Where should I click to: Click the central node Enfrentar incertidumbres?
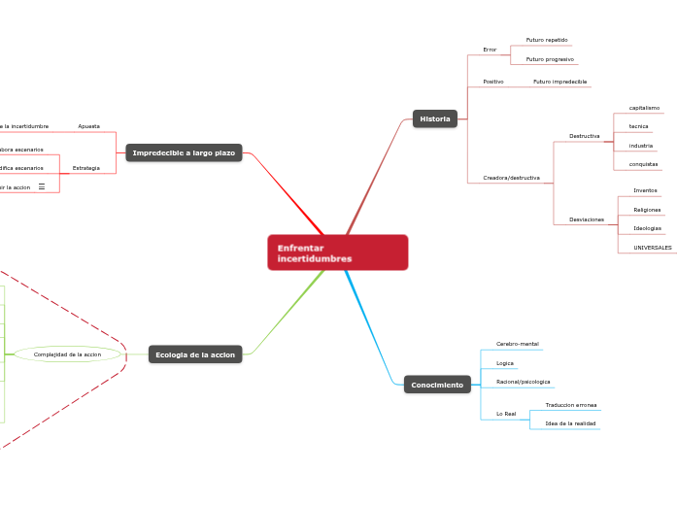pos(337,252)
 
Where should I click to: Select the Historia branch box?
pos(434,118)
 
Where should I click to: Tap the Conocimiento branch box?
pos(437,386)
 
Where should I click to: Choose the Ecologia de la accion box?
pos(195,354)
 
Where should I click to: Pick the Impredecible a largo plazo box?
pos(184,152)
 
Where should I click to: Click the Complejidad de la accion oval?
pos(67,354)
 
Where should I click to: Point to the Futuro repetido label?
pos(547,40)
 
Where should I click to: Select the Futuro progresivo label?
pos(550,58)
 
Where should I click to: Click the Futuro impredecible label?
pos(560,82)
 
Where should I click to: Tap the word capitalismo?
pos(644,108)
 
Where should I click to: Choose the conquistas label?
pos(643,164)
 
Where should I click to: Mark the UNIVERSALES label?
pos(652,248)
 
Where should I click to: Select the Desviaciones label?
pos(586,219)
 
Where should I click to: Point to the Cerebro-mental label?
pos(517,344)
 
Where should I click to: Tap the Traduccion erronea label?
pos(571,405)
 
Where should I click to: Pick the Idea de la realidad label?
pos(570,423)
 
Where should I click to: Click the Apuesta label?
pos(89,126)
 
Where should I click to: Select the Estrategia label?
pos(86,168)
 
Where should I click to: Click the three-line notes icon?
pos(42,186)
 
